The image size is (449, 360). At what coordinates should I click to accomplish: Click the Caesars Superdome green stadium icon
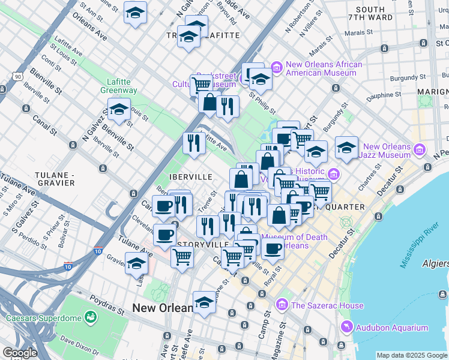[91, 316]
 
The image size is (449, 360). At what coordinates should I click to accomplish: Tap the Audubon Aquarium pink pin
[346, 328]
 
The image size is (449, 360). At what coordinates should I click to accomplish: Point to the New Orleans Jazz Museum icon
[420, 149]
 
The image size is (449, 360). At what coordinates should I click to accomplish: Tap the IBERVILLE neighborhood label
[191, 177]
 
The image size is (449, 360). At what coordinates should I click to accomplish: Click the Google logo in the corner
[20, 353]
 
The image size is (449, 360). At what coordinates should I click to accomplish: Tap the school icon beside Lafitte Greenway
[119, 110]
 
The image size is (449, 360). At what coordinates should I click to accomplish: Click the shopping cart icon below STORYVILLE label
[182, 257]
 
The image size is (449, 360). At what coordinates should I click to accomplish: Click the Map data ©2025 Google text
[411, 355]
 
